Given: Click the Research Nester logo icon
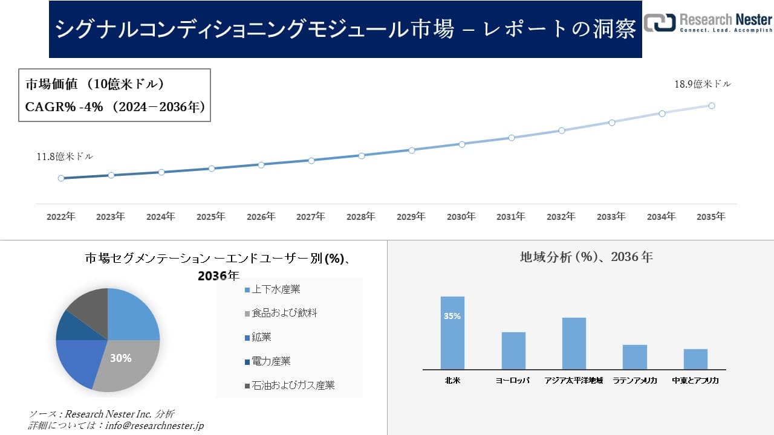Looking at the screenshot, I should (x=659, y=22).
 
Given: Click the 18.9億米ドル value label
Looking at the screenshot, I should (x=703, y=85).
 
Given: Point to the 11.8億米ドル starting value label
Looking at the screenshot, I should (x=65, y=156).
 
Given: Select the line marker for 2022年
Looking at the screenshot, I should (x=61, y=178).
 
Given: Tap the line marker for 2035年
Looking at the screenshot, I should (x=712, y=106).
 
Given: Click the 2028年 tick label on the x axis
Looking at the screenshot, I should (x=361, y=216).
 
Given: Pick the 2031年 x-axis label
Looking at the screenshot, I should (x=511, y=216).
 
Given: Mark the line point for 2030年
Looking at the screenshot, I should (x=462, y=144).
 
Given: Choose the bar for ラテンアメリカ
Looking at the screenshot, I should (x=634, y=357).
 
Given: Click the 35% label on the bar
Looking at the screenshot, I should (x=452, y=316).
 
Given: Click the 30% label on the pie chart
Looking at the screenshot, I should (x=120, y=358).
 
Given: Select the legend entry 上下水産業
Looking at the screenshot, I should (x=276, y=289).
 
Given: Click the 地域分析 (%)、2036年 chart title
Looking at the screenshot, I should (x=586, y=257).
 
